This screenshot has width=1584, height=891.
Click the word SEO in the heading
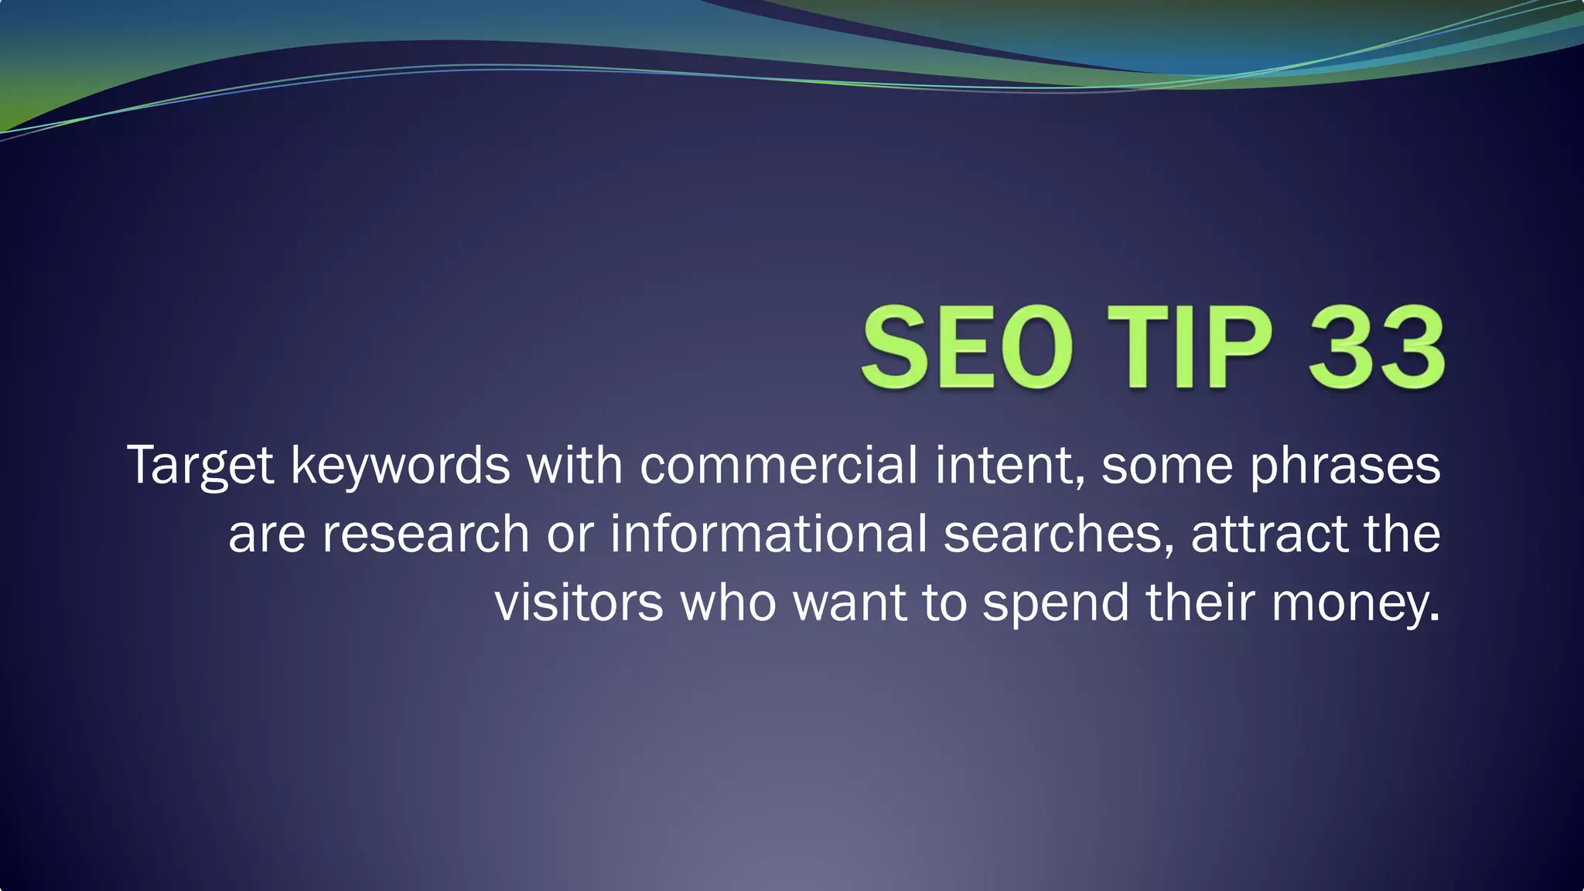point(967,347)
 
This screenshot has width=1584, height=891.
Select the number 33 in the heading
point(1375,347)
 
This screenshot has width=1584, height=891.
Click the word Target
point(200,466)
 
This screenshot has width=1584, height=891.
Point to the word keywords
point(400,466)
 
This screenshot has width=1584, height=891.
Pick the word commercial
point(778,466)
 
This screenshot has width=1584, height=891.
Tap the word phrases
point(1345,466)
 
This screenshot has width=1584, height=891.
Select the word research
point(425,534)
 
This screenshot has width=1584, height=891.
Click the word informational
point(768,534)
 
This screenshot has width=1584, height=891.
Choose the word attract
point(1269,534)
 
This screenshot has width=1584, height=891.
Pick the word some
point(1167,466)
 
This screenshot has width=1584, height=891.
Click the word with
point(575,466)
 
